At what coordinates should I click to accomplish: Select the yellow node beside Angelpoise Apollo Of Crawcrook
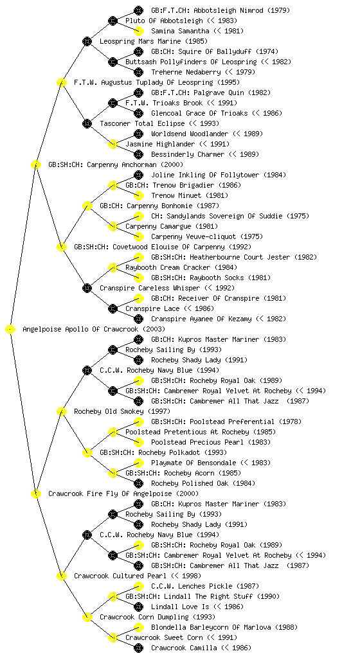coord(10,329)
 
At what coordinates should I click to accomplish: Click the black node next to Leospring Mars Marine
coord(87,41)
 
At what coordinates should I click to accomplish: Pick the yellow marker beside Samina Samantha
coord(138,31)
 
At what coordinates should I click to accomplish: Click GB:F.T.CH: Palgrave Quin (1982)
coord(211,93)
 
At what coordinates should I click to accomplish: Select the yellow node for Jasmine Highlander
coord(113,144)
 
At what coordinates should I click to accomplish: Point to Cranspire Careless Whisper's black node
coord(87,288)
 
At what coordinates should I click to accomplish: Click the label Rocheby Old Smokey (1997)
coord(122,411)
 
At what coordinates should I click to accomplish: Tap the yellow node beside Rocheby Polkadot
coord(87,452)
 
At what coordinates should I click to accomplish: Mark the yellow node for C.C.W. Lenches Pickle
coord(138,586)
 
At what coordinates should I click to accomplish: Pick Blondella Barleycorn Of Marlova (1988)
coord(224,627)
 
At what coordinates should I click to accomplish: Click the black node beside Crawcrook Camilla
coord(138,648)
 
